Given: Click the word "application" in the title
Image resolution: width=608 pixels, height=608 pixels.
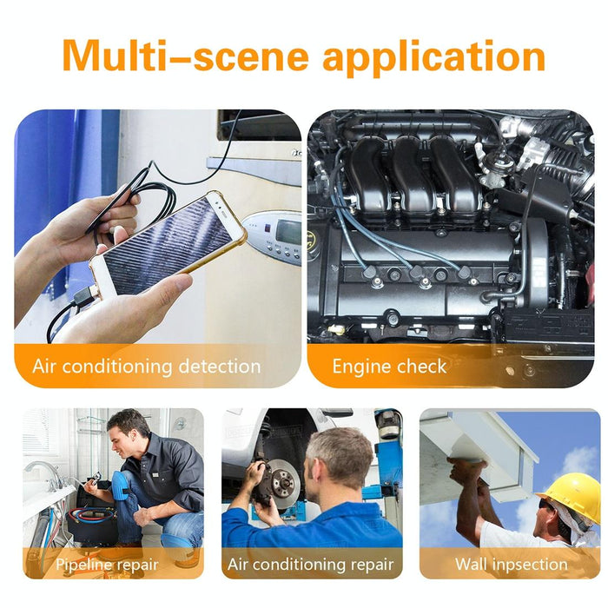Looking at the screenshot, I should click(433, 56).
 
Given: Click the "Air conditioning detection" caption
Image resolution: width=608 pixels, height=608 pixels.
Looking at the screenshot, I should click(146, 366).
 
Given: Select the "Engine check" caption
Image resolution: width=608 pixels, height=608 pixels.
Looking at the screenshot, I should click(389, 366).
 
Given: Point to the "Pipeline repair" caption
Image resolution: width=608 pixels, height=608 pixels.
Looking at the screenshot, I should click(107, 565).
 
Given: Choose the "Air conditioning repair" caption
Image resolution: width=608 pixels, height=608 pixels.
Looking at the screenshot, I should click(310, 565).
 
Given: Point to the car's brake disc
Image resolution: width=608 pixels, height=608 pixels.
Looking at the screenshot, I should click(282, 483).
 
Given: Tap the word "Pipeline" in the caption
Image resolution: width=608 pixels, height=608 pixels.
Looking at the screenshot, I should click(85, 565).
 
